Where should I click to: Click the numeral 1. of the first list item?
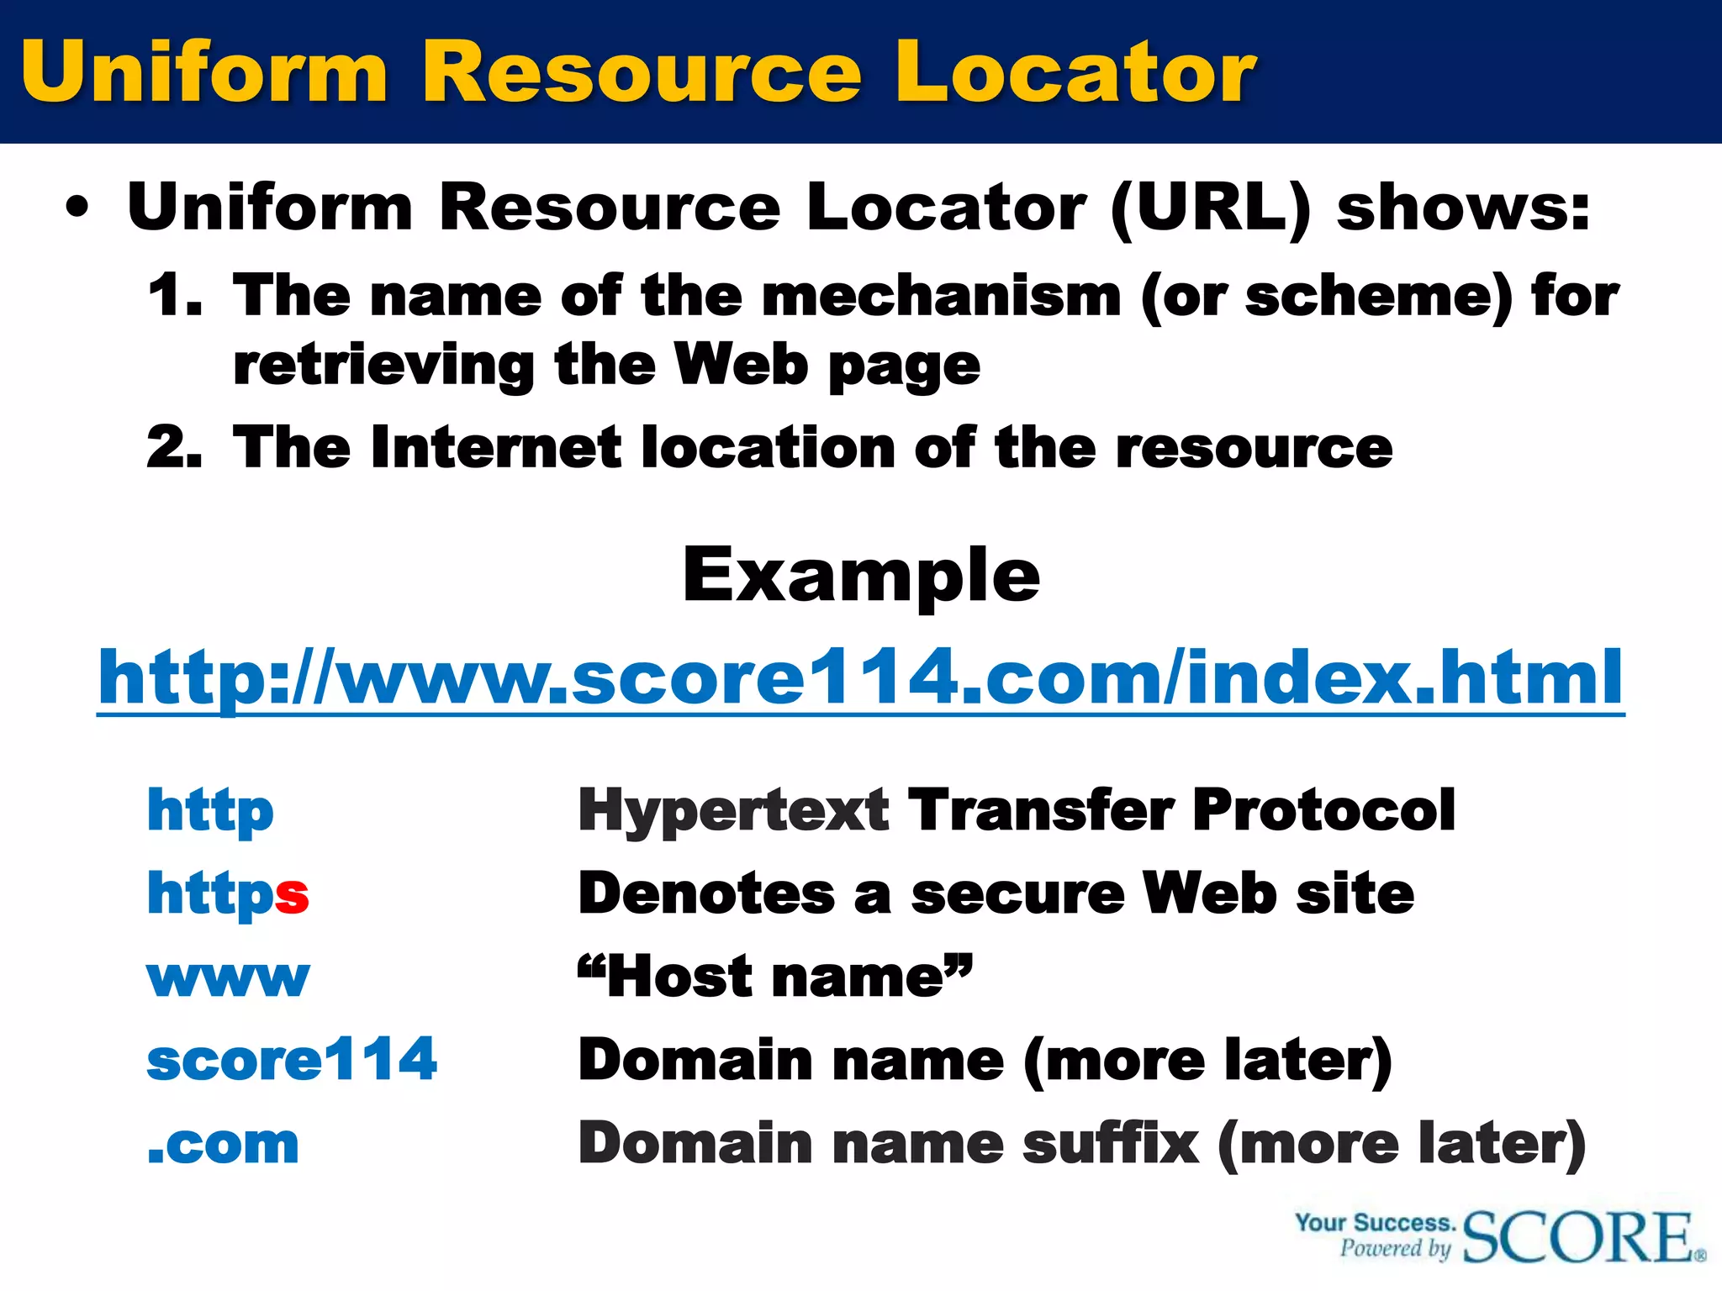tap(175, 296)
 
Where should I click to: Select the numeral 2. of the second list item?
tap(175, 447)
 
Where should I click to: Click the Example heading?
tap(861, 576)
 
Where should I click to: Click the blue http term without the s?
tap(210, 810)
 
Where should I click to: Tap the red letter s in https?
tap(292, 894)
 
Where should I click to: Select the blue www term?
tap(228, 978)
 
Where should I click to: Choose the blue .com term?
tap(223, 1145)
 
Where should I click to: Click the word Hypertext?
tap(733, 810)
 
